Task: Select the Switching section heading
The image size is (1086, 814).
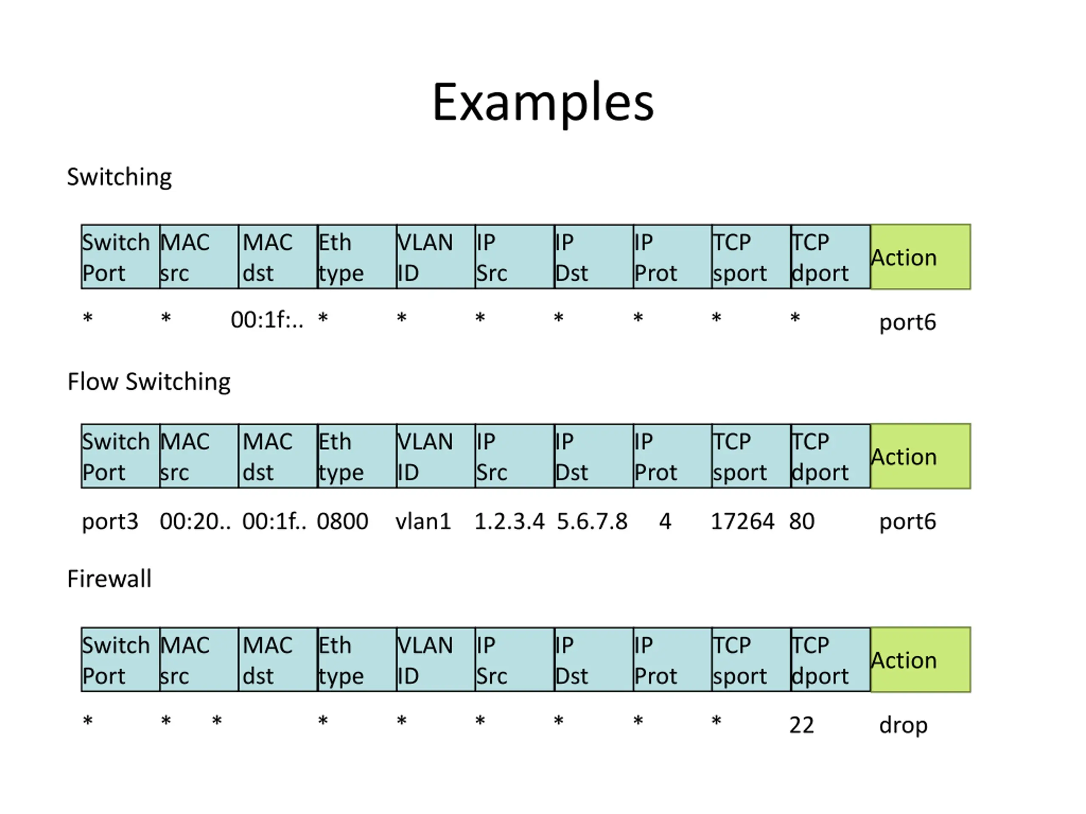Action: [119, 177]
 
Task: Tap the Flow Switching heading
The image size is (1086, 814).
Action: [149, 381]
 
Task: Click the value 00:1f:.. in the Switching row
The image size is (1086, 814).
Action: [267, 320]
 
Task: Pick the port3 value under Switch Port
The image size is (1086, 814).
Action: [110, 521]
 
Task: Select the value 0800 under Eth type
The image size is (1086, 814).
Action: [342, 521]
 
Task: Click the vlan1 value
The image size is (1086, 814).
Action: [423, 521]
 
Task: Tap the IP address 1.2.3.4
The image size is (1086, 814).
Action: [509, 521]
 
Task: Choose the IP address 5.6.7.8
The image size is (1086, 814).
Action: [592, 521]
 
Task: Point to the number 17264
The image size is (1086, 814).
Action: [742, 521]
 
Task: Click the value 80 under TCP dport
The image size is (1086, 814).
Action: [802, 521]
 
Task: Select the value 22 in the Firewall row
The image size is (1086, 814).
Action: [802, 725]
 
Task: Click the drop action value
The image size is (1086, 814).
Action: [903, 725]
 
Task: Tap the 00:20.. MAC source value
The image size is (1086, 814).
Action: [195, 521]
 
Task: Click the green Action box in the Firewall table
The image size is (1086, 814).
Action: [921, 659]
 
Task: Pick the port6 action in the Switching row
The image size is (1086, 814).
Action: [907, 322]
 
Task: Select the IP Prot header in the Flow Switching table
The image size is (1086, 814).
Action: [672, 456]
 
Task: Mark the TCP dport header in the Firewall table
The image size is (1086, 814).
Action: [830, 659]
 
